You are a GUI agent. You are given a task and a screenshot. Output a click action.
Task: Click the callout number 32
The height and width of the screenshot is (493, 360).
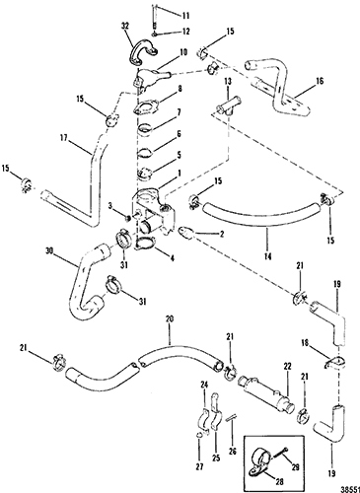[124, 26]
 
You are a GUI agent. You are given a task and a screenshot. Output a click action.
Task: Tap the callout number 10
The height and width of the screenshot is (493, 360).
[183, 52]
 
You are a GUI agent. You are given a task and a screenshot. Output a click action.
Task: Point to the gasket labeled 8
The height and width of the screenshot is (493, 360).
[146, 109]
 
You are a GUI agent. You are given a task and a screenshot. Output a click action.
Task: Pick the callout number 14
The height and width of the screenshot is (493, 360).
[268, 255]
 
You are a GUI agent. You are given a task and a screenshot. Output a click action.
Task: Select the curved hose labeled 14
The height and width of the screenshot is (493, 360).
[260, 214]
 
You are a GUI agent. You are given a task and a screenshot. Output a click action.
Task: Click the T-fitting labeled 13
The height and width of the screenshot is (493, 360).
[228, 106]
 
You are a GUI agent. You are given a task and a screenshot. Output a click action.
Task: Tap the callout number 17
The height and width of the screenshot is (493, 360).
[64, 138]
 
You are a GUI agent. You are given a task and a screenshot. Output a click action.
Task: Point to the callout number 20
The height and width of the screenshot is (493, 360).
[171, 318]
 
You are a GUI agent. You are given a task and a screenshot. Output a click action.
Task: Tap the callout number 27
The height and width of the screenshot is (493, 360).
[199, 465]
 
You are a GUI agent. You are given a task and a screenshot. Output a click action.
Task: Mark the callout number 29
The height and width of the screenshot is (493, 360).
[295, 466]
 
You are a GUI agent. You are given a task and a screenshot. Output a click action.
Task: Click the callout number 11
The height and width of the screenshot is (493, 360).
[186, 15]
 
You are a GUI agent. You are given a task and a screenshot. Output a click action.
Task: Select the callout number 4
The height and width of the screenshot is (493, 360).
[172, 258]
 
